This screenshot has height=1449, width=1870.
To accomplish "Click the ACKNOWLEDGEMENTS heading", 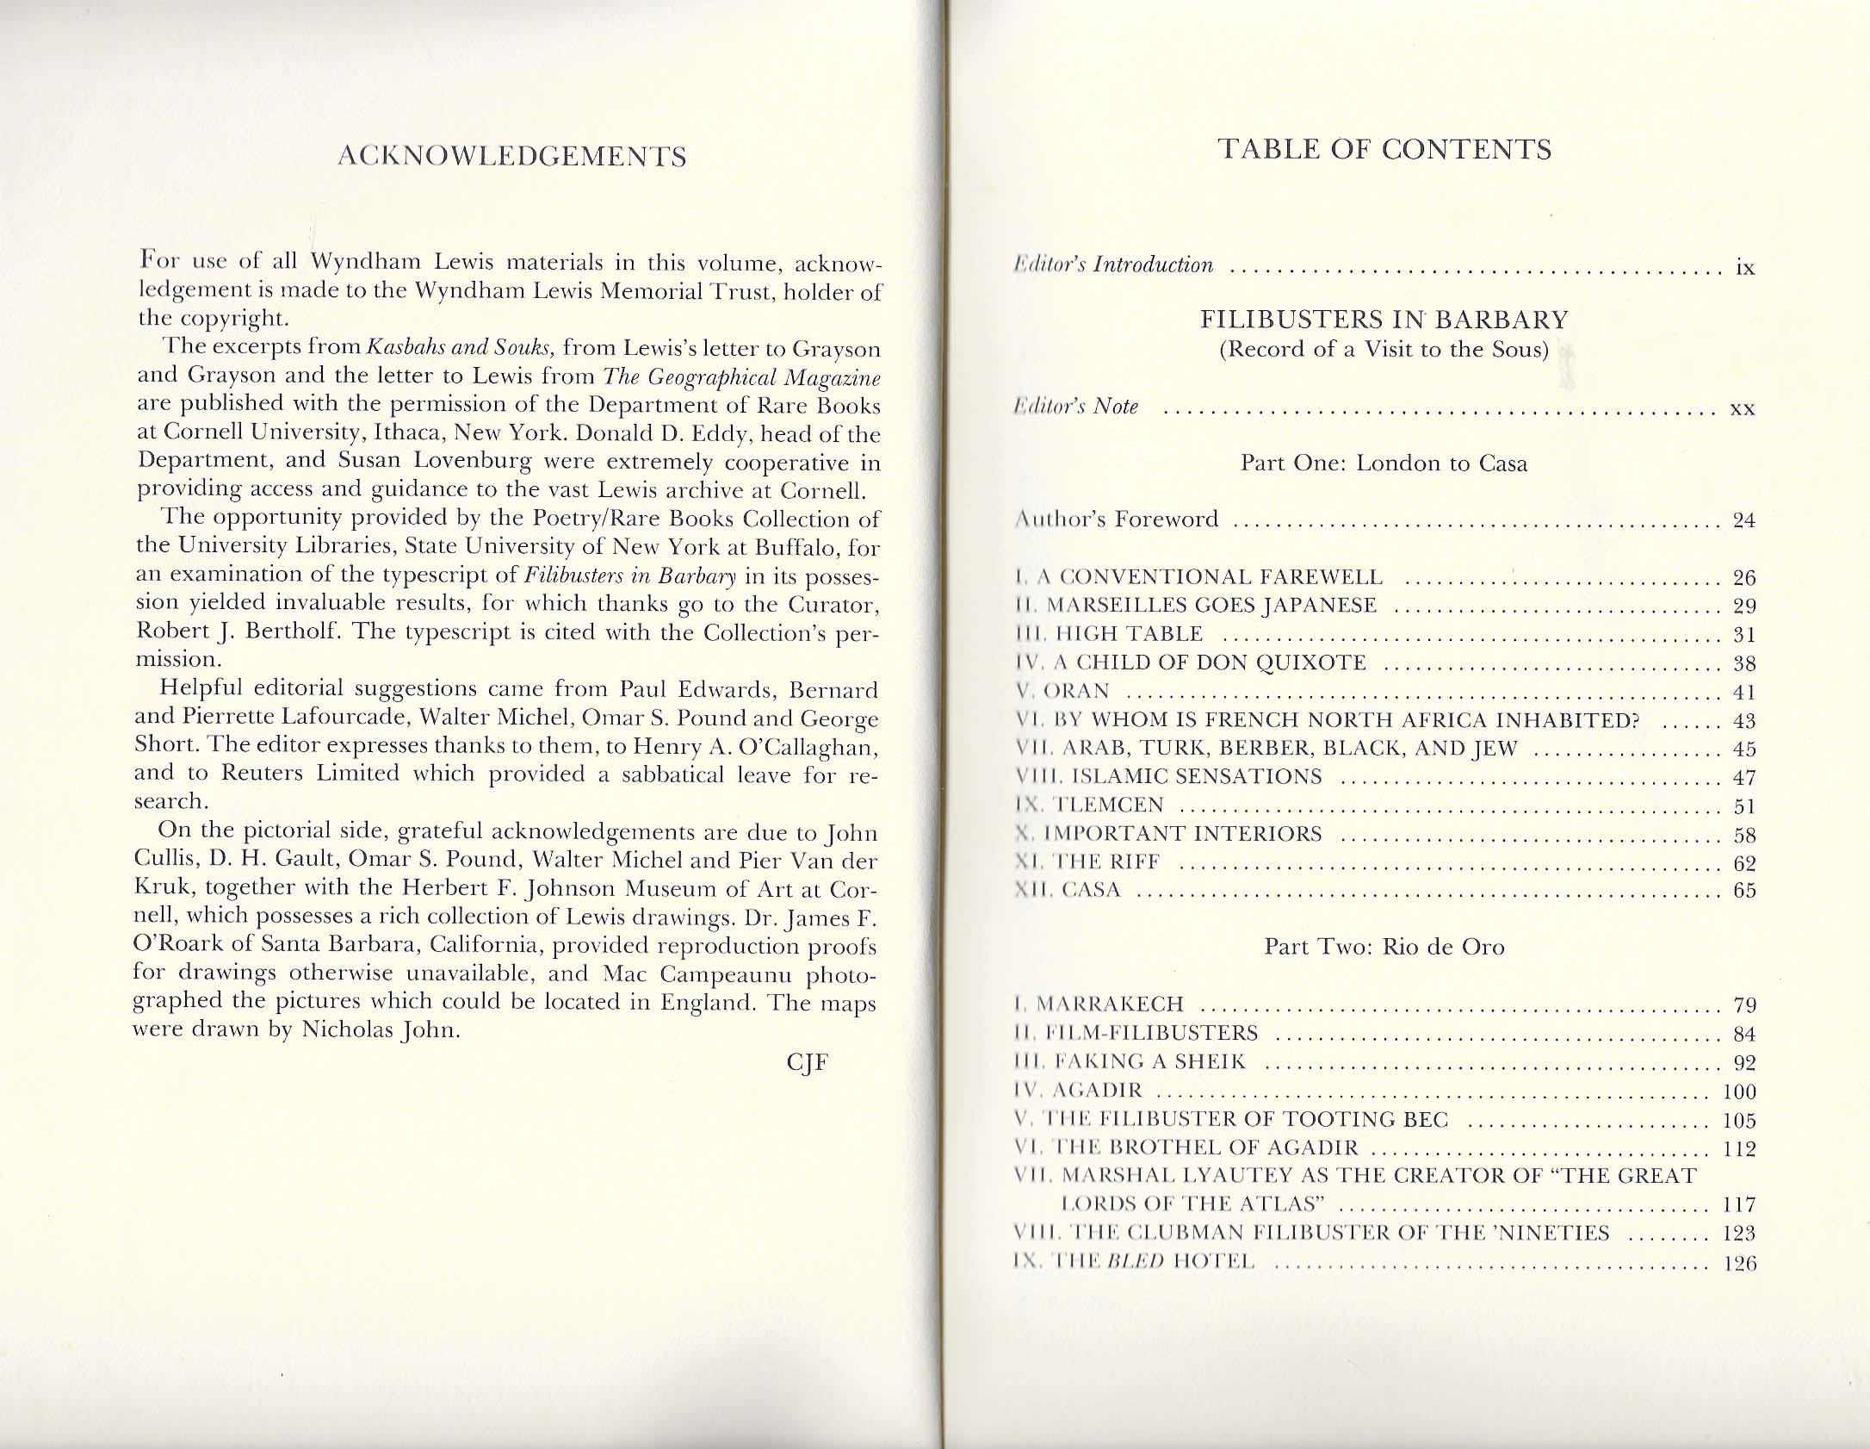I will (512, 157).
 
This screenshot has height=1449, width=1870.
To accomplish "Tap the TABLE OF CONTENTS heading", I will (1384, 150).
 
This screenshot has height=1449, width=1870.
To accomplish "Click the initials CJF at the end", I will (807, 1062).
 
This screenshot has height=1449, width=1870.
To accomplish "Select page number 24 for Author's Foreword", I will (1743, 520).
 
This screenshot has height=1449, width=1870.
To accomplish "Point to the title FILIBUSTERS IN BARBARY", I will (1384, 320).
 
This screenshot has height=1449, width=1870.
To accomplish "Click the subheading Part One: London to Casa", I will (1384, 463).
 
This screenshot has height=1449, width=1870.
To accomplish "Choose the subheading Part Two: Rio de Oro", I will (1384, 947).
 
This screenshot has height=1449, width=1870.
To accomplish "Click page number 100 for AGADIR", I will (1738, 1092).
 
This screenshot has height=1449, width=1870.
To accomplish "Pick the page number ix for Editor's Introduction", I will (1744, 267).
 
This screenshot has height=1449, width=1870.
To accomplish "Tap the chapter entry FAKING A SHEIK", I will (1144, 1061).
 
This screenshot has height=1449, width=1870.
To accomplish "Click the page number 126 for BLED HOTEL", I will (1738, 1264).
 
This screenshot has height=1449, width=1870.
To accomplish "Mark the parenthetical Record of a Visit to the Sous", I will (1384, 350).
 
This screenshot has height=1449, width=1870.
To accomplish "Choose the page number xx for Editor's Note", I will (1743, 407).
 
